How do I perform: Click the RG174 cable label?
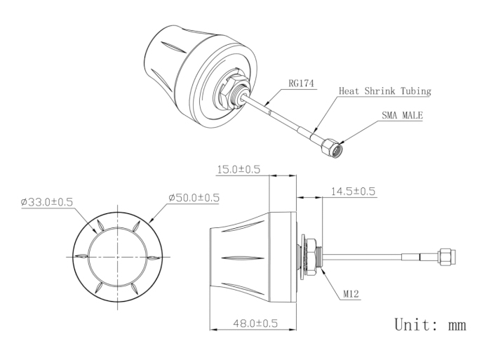click(x=301, y=83)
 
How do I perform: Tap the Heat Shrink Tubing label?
click(x=385, y=91)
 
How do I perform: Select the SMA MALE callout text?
click(x=402, y=115)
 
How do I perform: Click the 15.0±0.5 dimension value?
click(x=238, y=169)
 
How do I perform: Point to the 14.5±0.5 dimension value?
click(x=353, y=192)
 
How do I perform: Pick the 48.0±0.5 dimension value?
click(x=255, y=323)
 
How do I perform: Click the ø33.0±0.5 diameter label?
click(x=47, y=202)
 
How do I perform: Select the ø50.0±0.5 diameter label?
click(x=194, y=197)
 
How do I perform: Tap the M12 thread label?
click(x=351, y=294)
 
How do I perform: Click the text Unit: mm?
click(x=430, y=324)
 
